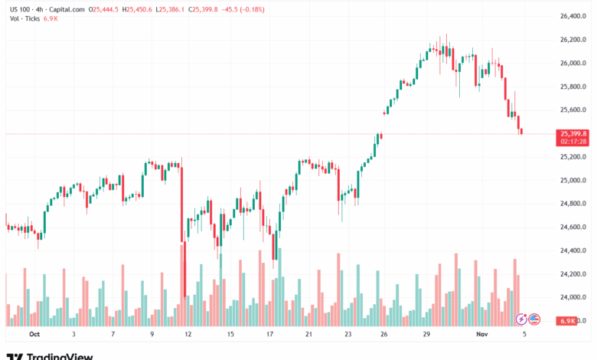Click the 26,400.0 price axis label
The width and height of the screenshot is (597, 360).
pyautogui.click(x=573, y=16)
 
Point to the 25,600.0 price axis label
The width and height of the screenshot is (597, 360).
pyautogui.click(x=573, y=110)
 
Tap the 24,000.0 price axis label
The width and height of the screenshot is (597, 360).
pyautogui.click(x=573, y=297)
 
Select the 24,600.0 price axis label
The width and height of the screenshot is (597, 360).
pyautogui.click(x=573, y=227)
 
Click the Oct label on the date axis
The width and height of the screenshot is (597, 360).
pyautogui.click(x=34, y=335)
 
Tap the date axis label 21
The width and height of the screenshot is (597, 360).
pyautogui.click(x=308, y=335)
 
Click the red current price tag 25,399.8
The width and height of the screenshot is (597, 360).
pyautogui.click(x=573, y=133)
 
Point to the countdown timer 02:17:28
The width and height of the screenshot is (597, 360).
pyautogui.click(x=573, y=141)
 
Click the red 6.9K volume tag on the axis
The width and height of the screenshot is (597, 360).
pyautogui.click(x=567, y=320)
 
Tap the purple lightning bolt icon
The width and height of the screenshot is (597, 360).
pyautogui.click(x=521, y=319)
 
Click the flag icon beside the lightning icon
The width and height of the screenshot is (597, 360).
pyautogui.click(x=535, y=319)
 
